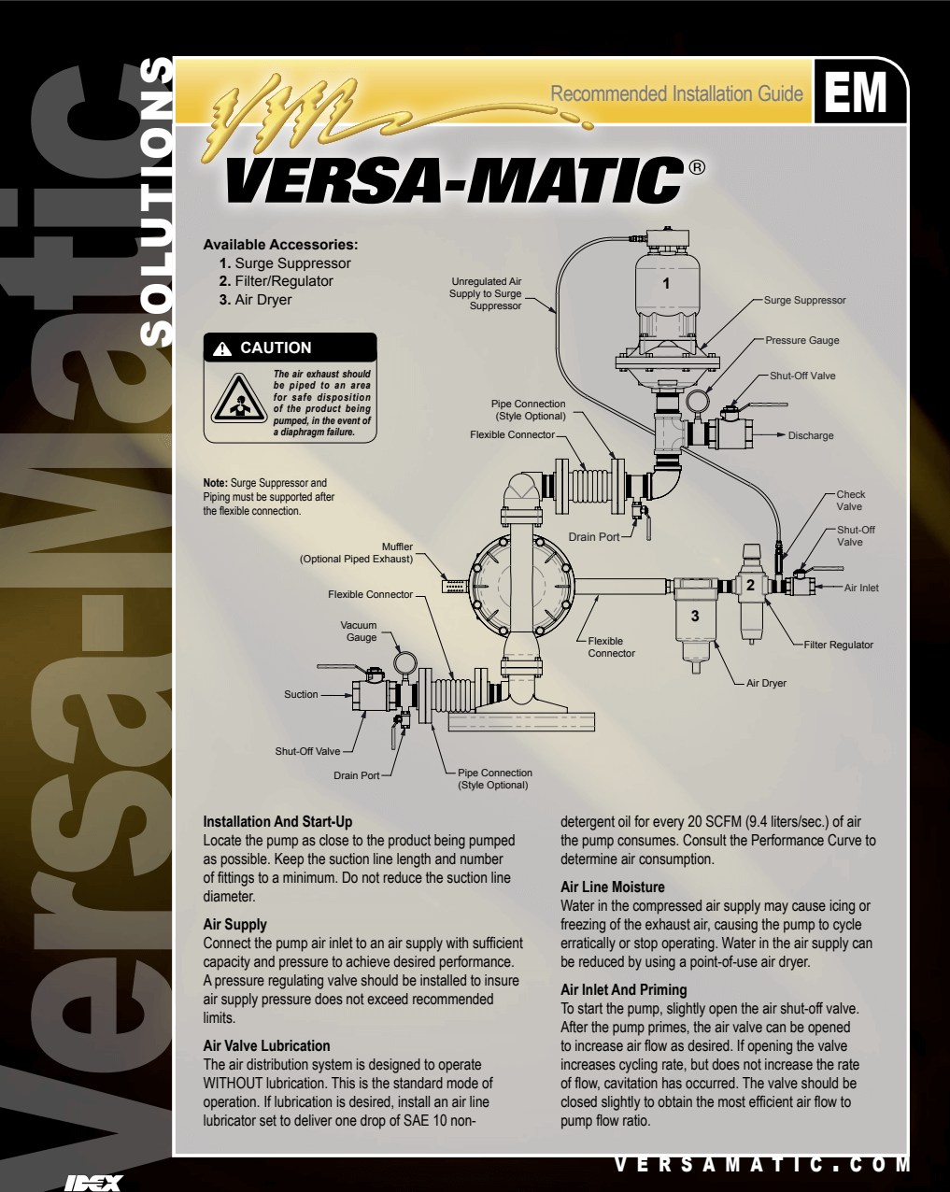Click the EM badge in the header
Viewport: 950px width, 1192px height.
tap(857, 92)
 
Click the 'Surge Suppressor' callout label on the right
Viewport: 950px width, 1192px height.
tap(804, 300)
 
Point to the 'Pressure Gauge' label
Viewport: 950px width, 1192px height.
tap(801, 340)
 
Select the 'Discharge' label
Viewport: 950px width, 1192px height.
tap(810, 435)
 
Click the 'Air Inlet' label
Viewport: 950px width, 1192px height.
tap(861, 588)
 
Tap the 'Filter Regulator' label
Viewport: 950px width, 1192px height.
tap(838, 645)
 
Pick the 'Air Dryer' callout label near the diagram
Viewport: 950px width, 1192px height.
tap(766, 683)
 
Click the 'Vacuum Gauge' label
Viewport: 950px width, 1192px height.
tap(359, 631)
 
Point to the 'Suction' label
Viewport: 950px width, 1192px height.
tap(301, 694)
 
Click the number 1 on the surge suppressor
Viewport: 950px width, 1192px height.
tap(666, 282)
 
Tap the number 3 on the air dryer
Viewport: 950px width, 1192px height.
tap(694, 616)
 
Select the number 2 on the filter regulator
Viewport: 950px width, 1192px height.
tap(750, 586)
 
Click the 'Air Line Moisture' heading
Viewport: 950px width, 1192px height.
tap(612, 887)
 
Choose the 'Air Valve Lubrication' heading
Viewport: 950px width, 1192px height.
tap(266, 1045)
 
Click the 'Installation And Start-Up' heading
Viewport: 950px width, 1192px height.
tap(277, 821)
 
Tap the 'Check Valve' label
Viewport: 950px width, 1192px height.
tap(850, 501)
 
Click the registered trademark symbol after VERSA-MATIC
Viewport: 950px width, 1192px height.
tap(697, 168)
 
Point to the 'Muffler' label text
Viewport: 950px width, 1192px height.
tap(397, 546)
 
